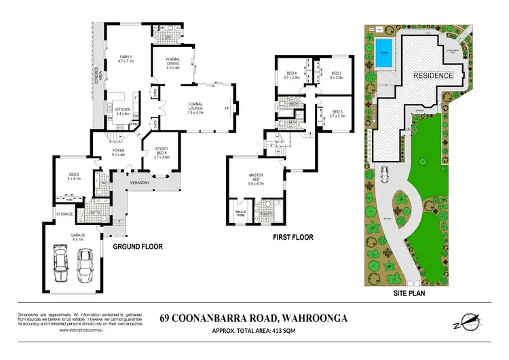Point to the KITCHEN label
point(122,111)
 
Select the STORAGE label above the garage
point(65,213)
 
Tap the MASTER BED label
point(259,179)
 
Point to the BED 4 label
point(293,74)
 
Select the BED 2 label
point(335,74)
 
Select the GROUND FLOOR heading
point(138,247)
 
